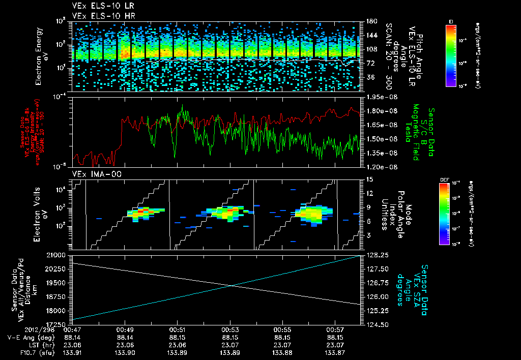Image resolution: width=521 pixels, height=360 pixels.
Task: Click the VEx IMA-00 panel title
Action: click(x=90, y=174)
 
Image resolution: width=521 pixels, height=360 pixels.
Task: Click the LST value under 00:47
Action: click(x=73, y=344)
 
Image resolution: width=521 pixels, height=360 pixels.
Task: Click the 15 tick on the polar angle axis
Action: click(x=369, y=179)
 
